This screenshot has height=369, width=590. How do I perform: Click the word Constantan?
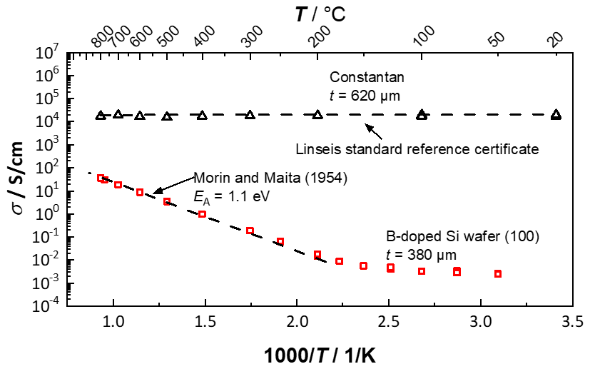tap(358, 76)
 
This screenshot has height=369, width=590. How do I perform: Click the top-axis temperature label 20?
tap(554, 39)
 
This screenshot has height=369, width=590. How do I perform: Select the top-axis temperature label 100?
tap(423, 39)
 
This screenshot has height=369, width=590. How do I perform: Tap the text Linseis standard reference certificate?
tap(415, 149)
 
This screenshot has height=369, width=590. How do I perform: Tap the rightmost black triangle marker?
tap(556, 114)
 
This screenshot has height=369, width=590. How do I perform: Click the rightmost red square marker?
tap(498, 274)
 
